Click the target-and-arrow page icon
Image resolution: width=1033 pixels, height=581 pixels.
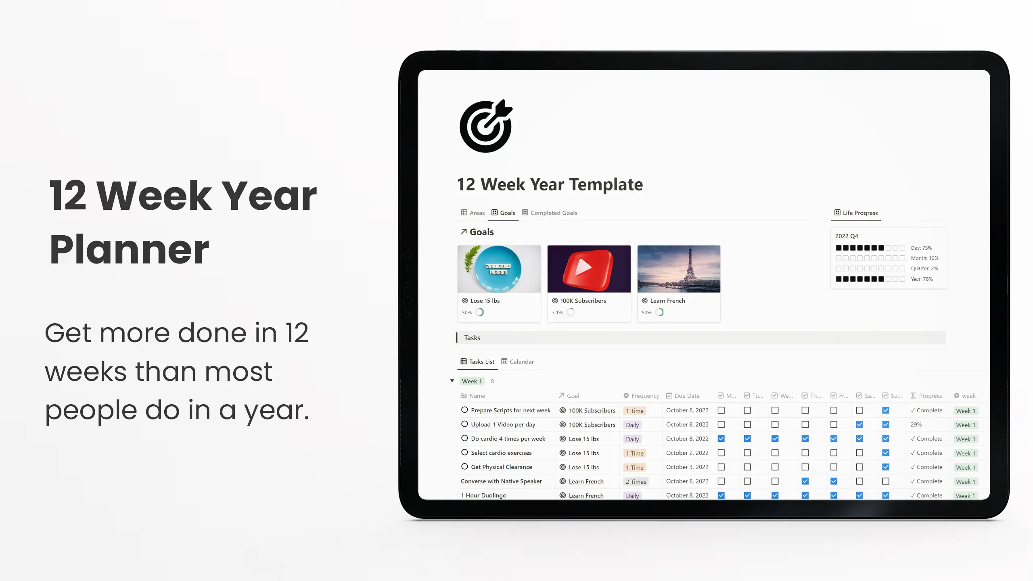coord(486,126)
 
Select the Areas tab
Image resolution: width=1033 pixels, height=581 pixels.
coord(473,213)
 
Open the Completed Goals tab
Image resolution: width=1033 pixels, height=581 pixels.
coord(550,213)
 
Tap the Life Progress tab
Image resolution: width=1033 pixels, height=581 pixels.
coord(856,213)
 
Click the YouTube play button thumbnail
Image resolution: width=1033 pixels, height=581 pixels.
coord(589,269)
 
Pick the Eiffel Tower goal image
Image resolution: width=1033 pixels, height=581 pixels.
coord(679,269)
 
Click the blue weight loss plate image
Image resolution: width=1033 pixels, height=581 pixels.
coord(499,269)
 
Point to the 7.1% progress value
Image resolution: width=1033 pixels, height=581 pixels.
coord(557,313)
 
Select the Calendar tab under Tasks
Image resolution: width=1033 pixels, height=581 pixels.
coord(518,362)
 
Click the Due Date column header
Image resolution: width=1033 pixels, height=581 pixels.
coord(683,396)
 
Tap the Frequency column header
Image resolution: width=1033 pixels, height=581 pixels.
coord(641,396)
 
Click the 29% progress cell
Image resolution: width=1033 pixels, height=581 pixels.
coord(916,424)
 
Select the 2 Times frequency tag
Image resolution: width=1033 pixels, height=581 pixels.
coord(636,482)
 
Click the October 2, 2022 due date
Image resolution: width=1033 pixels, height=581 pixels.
coord(687,453)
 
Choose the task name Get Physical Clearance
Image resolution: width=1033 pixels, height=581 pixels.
coord(502,467)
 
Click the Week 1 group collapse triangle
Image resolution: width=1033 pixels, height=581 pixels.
coord(452,381)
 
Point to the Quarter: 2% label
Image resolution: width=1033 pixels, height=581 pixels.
coord(924,268)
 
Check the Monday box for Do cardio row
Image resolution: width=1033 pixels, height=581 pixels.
coord(721,439)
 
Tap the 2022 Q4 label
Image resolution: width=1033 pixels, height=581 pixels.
coord(847,236)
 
